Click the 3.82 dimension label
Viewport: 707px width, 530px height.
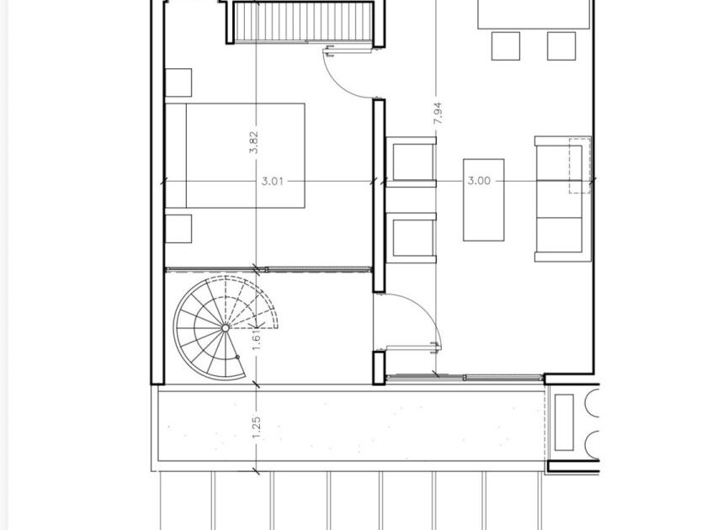[x=254, y=142]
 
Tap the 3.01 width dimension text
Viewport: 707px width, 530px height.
[x=273, y=181]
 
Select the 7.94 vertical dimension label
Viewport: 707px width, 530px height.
[x=438, y=114]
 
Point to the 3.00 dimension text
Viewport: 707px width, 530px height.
[x=479, y=181]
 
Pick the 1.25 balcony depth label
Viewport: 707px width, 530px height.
[x=256, y=427]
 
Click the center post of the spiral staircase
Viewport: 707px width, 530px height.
[x=226, y=328]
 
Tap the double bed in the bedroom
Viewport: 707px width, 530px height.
[x=235, y=156]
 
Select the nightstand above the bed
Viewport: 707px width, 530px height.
[x=178, y=82]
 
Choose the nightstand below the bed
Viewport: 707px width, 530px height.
[x=178, y=229]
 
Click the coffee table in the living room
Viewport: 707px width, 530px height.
[x=484, y=199]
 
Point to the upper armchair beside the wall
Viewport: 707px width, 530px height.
[x=412, y=162]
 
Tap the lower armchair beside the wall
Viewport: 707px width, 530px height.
[x=412, y=238]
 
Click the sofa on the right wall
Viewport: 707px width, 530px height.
[x=563, y=199]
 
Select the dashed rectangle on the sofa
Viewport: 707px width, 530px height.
[x=580, y=166]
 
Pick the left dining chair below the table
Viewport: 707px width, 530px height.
[x=506, y=46]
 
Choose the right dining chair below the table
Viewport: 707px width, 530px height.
[x=561, y=46]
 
